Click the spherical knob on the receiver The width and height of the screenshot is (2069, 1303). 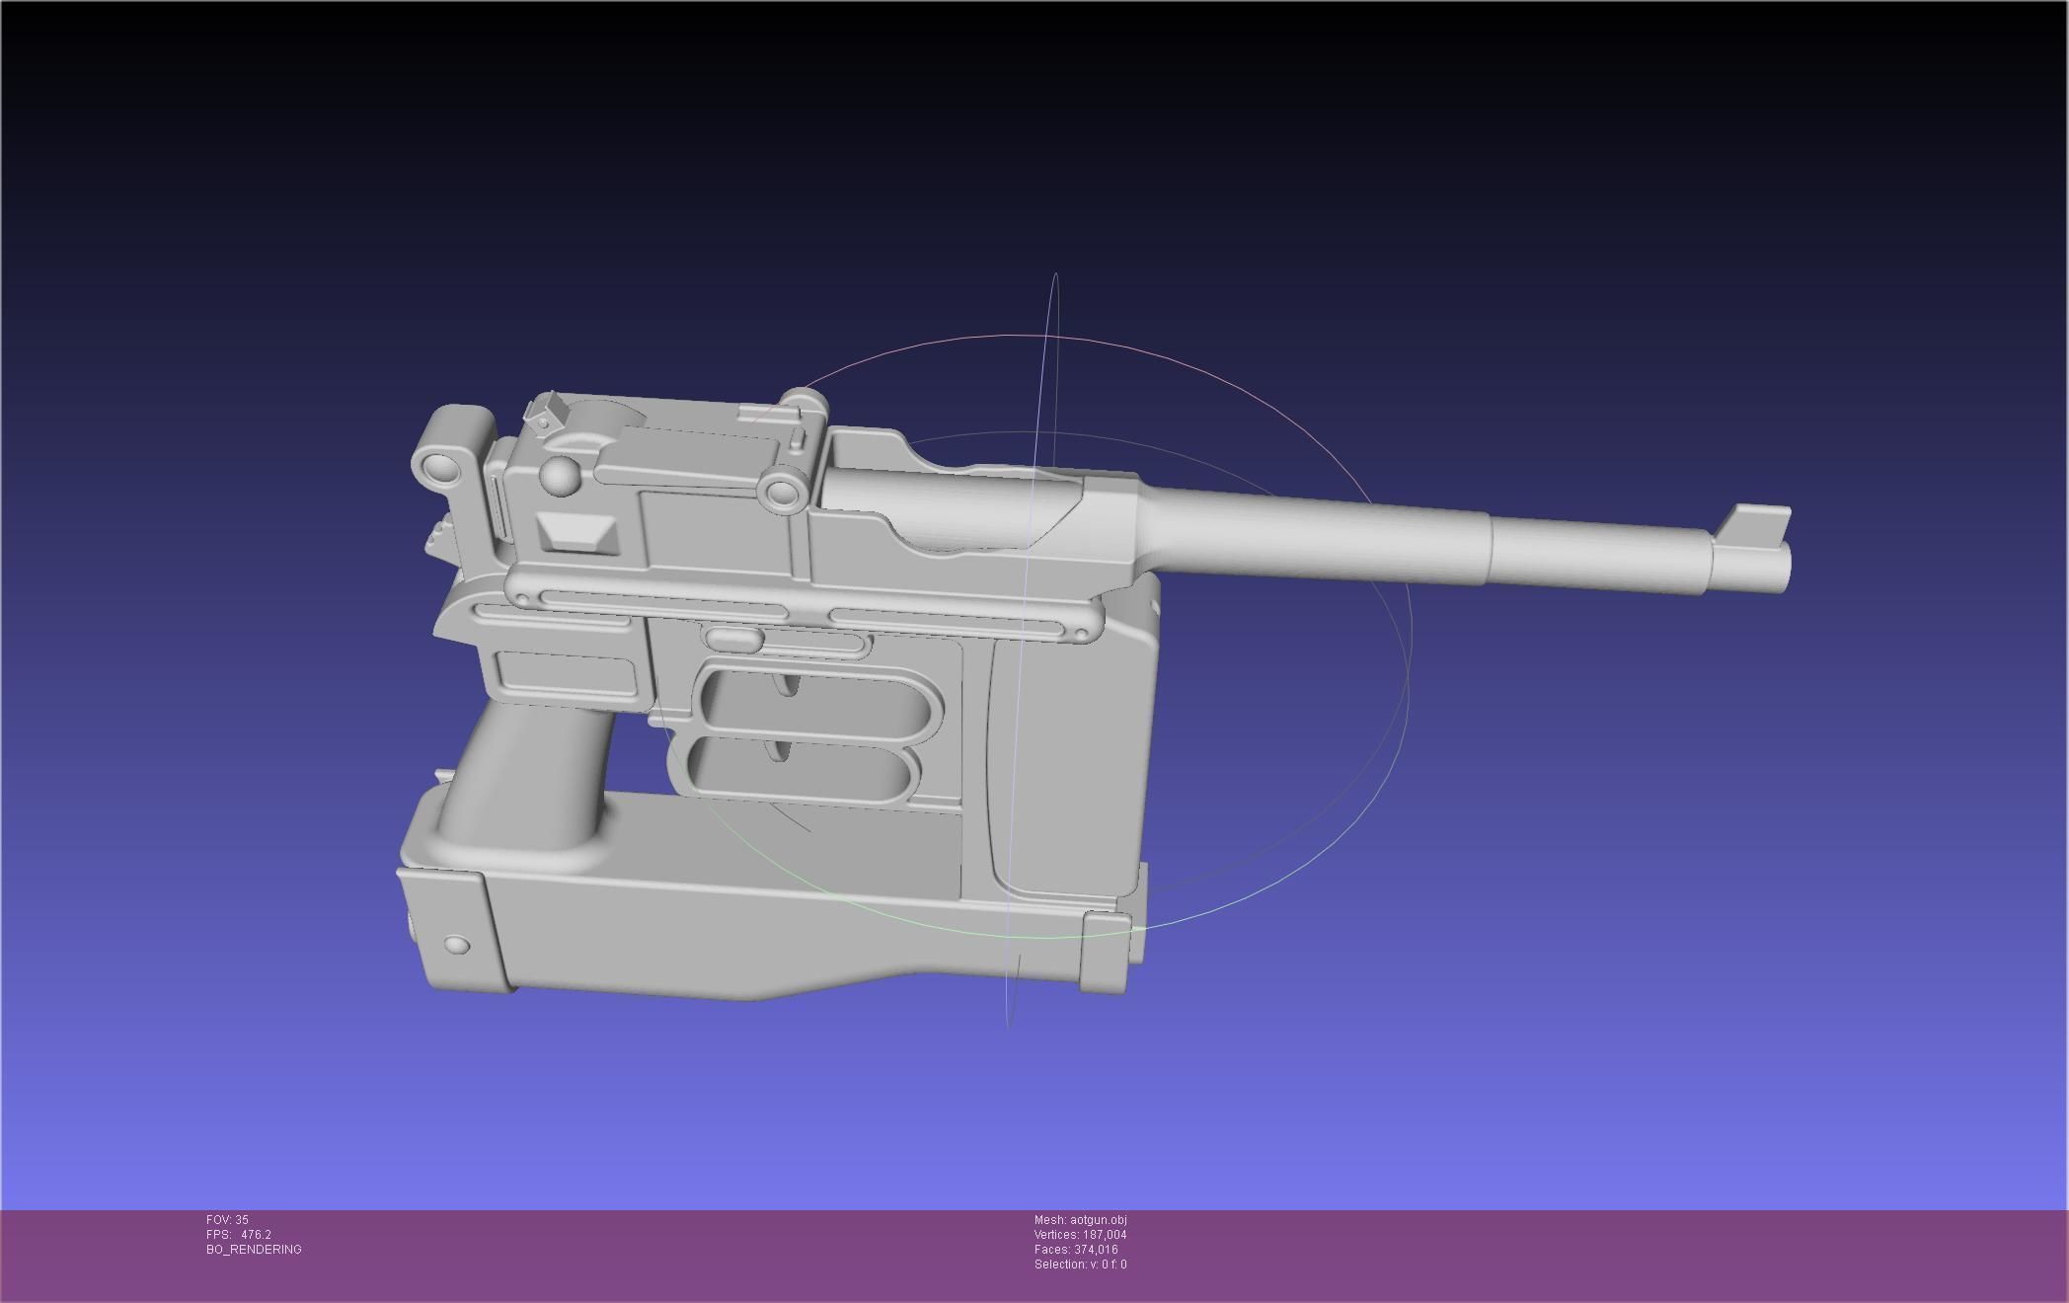[x=561, y=477]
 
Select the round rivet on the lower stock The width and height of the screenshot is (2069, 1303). [x=457, y=945]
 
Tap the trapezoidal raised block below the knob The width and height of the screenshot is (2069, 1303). [x=577, y=534]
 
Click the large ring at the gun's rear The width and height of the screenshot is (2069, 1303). [x=435, y=467]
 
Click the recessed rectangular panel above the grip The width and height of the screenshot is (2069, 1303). [x=566, y=672]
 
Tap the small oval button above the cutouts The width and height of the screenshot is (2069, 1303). [x=732, y=639]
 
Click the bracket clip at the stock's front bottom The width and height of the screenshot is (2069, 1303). [x=1106, y=953]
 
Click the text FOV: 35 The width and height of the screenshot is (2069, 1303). [x=227, y=1220]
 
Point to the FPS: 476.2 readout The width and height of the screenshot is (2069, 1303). [x=238, y=1235]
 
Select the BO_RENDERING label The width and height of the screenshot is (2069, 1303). [x=254, y=1250]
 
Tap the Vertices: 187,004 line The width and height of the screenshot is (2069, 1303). [x=1080, y=1235]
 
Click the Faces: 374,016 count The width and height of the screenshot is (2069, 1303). [x=1076, y=1250]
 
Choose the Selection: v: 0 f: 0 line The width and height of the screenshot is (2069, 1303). [x=1080, y=1265]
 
